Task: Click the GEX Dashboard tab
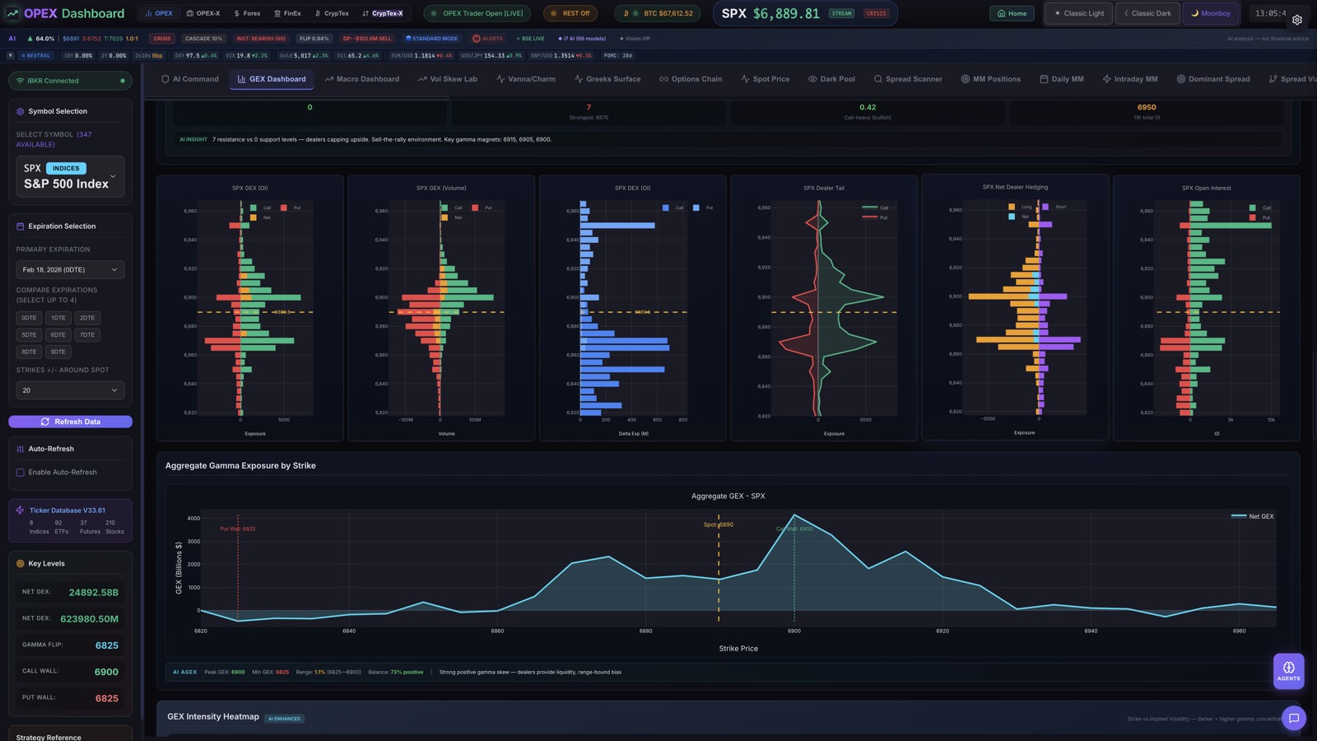click(x=272, y=79)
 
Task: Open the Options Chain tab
click(x=691, y=79)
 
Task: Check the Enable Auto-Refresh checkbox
click(x=21, y=473)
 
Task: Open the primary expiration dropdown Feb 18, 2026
click(x=70, y=270)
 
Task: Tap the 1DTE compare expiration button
click(x=58, y=318)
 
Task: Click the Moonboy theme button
click(x=1210, y=13)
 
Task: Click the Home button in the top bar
click(x=1012, y=13)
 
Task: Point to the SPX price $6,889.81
click(x=770, y=13)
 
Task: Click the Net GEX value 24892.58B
click(x=93, y=593)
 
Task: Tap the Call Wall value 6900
click(x=106, y=672)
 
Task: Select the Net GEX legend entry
click(x=1253, y=516)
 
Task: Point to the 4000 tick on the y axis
click(x=193, y=519)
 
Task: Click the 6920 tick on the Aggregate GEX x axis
click(x=942, y=631)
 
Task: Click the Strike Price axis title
click(x=738, y=649)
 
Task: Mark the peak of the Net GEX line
click(x=794, y=515)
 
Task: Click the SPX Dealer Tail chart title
click(x=824, y=188)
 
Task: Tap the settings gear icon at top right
click(x=1296, y=20)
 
